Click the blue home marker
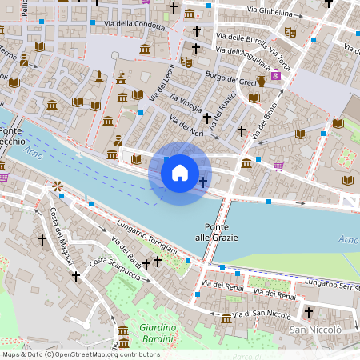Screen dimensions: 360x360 coord(180,173)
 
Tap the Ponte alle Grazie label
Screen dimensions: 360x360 coord(222,231)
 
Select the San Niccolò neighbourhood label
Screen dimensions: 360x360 coord(315,330)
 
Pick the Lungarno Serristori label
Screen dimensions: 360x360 coord(332,285)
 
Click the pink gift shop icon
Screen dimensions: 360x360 coord(275,74)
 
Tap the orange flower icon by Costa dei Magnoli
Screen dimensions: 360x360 coord(58,186)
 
